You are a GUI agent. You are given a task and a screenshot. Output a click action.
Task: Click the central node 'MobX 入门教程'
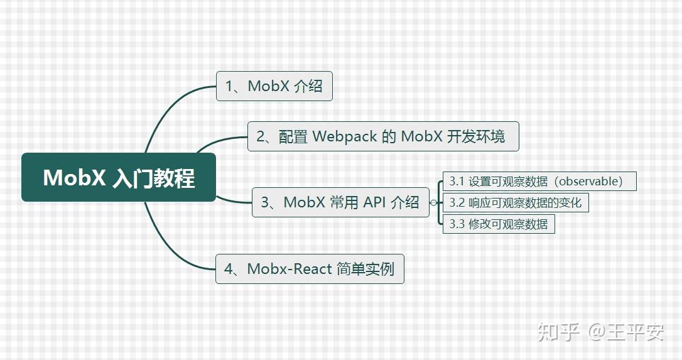[x=119, y=177]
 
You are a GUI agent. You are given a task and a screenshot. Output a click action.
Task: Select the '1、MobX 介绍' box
[x=274, y=86]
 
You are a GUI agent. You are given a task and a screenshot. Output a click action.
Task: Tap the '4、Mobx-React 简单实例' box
[x=309, y=269]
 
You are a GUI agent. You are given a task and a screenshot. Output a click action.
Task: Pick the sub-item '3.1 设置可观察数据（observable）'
[x=539, y=181]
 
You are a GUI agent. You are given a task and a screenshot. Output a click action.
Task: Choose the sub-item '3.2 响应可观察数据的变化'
[x=516, y=202]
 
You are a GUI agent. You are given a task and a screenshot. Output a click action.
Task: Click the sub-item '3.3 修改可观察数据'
[x=499, y=224]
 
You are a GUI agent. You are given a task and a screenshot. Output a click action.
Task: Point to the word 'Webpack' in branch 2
[x=344, y=136]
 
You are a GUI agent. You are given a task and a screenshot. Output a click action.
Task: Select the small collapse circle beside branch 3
[x=433, y=202]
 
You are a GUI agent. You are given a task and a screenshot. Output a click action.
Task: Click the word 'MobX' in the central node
[x=74, y=178]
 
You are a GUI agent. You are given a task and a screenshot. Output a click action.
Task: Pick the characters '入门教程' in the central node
[x=153, y=178]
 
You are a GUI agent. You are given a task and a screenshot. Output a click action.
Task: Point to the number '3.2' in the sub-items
[x=457, y=202]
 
